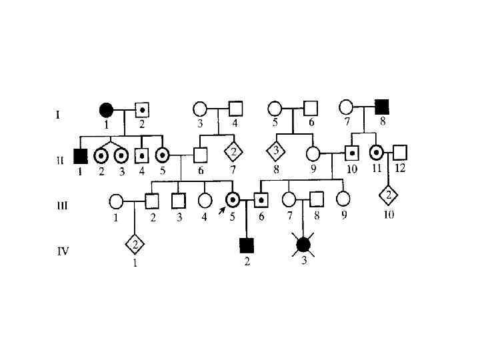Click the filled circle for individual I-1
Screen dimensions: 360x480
pos(105,109)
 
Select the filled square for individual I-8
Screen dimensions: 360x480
pos(381,106)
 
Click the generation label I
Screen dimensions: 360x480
pos(57,115)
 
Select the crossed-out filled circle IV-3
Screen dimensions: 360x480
pos(304,244)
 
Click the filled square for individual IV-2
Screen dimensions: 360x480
pos(247,245)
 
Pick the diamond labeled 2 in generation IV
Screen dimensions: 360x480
pos(135,244)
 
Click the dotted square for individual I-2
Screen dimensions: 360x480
pos(142,109)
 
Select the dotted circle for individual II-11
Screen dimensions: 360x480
pos(376,154)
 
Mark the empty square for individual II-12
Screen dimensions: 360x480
pos(399,154)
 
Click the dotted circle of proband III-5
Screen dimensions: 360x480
pos(234,199)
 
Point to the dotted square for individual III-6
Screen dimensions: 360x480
pos(262,199)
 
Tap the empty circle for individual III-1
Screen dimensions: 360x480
pos(115,199)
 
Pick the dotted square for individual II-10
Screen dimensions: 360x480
pos(351,154)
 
